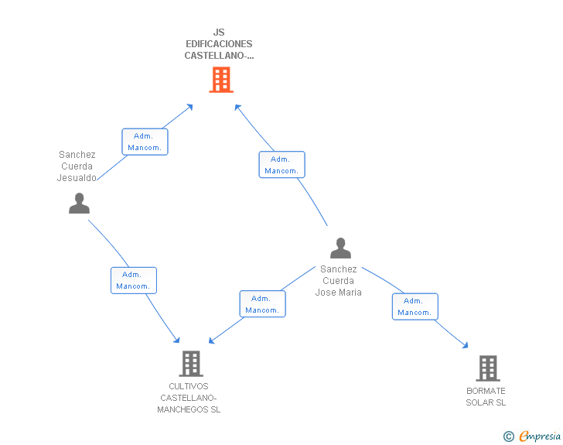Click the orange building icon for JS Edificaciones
[x=221, y=80]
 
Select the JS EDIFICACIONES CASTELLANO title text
[x=219, y=44]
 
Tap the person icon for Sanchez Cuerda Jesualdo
[x=79, y=204]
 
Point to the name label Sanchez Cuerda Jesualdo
[x=77, y=166]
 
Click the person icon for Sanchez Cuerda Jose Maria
[x=340, y=248]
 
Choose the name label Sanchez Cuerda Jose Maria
[x=338, y=281]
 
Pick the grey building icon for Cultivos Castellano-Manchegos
[x=190, y=363]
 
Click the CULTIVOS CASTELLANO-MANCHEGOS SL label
[x=189, y=398]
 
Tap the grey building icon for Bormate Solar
[x=487, y=368]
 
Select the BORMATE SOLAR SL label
[x=486, y=397]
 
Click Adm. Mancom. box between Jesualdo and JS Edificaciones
[x=145, y=142]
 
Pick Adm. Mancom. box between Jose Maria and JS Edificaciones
[x=281, y=165]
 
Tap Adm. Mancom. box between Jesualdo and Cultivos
[x=133, y=280]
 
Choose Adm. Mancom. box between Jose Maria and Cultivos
[x=262, y=304]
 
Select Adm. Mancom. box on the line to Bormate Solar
[x=415, y=306]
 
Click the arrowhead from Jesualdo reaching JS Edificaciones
[x=189, y=106]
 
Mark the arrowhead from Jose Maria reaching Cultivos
[x=211, y=341]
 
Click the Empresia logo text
[x=539, y=436]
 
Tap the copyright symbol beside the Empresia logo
[x=508, y=436]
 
